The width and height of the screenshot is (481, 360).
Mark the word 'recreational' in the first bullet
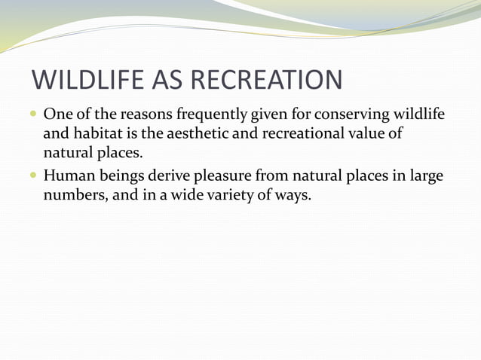[297, 134]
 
